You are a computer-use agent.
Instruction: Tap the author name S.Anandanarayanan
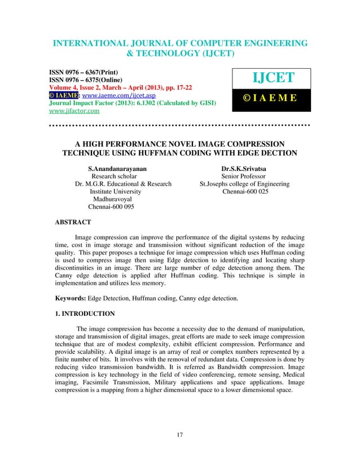114,168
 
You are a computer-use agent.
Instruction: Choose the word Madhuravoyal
113,199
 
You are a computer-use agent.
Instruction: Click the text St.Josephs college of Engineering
245,184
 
